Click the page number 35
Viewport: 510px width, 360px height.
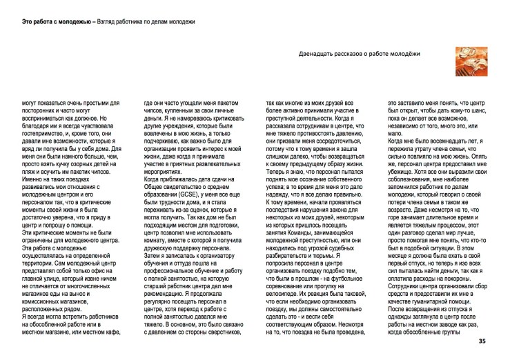tap(500, 341)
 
